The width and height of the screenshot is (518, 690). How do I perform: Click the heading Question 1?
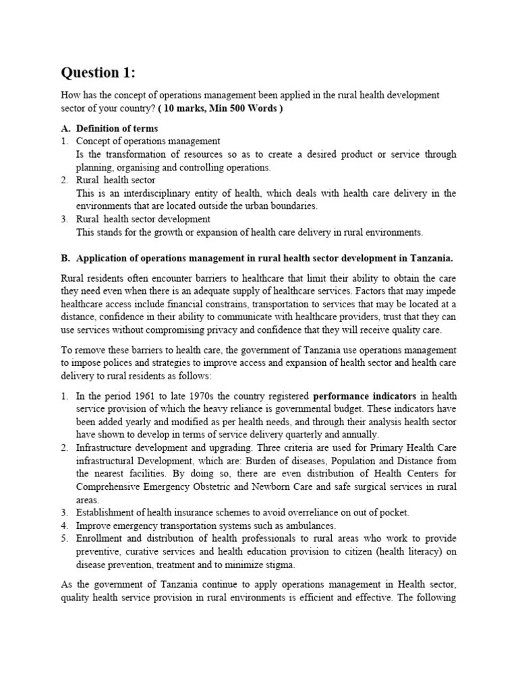pyautogui.click(x=98, y=72)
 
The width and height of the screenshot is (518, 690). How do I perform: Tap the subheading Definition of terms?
pyautogui.click(x=117, y=128)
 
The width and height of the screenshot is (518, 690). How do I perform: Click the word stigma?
pyautogui.click(x=277, y=564)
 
